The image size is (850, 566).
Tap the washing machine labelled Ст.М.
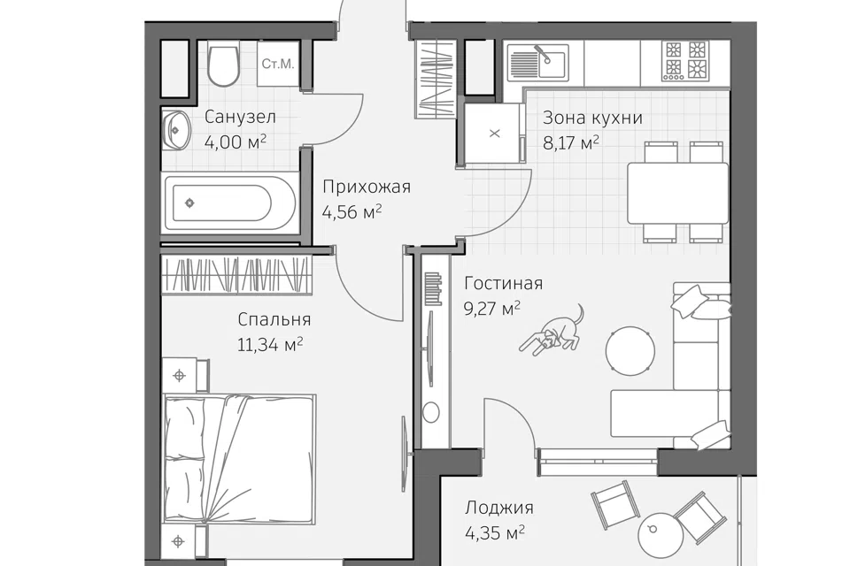[x=278, y=64]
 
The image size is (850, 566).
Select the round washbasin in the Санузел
[x=175, y=129]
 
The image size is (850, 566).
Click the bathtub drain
[x=189, y=203]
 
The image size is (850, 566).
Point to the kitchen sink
[x=537, y=61]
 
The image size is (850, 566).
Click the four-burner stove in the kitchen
[x=685, y=61]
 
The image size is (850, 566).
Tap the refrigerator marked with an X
[x=492, y=134]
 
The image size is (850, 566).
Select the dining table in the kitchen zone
[x=677, y=193]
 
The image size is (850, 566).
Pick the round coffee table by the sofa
[x=630, y=349]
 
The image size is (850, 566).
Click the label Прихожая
[x=367, y=187]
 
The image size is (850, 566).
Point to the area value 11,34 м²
[x=270, y=345]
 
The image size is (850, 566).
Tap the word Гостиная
[x=504, y=283]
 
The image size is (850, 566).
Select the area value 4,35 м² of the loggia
[x=494, y=533]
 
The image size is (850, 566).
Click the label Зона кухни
[x=592, y=118]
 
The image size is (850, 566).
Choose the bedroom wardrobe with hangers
[x=236, y=274]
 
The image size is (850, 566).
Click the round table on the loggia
[x=661, y=532]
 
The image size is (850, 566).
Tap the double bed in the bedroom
[x=240, y=460]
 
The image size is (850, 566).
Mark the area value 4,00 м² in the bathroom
[x=236, y=141]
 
